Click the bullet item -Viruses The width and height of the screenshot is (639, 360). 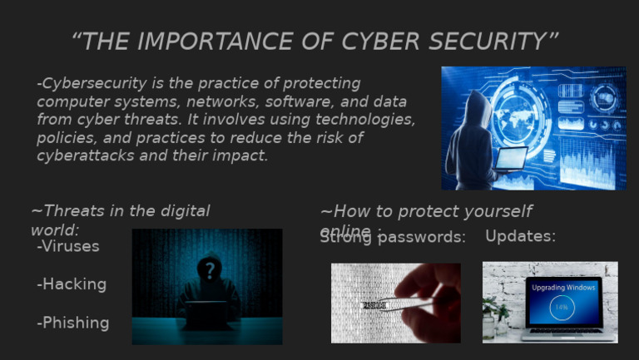(68, 246)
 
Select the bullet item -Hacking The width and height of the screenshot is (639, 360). (72, 284)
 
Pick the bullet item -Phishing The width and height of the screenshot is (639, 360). (73, 323)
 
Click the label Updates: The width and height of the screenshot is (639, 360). (520, 236)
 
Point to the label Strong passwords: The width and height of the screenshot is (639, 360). (393, 238)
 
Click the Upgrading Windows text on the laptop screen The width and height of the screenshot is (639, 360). (563, 287)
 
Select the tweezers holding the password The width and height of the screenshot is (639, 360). (399, 304)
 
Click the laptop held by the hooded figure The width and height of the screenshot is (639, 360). (511, 158)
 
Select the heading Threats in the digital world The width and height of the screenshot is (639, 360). (120, 219)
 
